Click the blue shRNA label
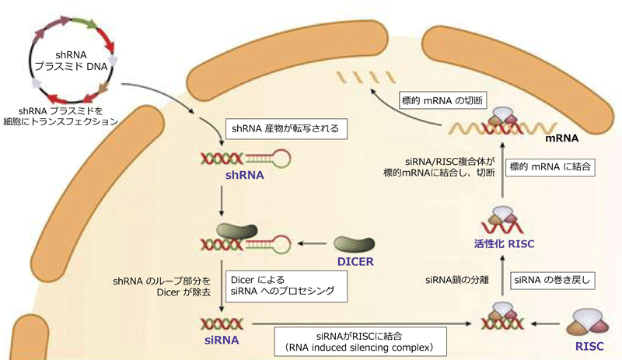244,175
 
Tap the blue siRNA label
222,340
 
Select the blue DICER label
355,262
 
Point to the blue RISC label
589,346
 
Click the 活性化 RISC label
504,243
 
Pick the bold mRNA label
561,138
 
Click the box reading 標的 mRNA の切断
442,100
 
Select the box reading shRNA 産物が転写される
286,128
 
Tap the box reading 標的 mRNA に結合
550,166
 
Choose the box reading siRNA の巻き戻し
552,280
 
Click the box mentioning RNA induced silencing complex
360,341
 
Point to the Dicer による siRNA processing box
286,286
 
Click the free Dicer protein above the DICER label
355,244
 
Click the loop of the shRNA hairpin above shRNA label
280,159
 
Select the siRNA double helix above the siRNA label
222,324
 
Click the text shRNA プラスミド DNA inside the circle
71,61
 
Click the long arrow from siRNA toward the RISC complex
362,323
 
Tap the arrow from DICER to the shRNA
313,243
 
